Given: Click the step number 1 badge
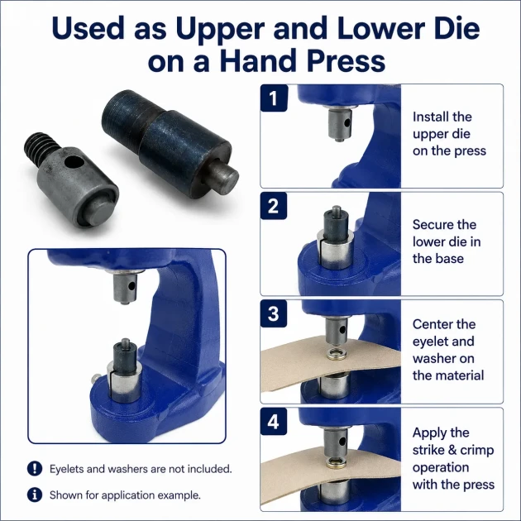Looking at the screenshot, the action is pyautogui.click(x=274, y=98).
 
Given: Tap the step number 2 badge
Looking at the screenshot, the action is pyautogui.click(x=274, y=206).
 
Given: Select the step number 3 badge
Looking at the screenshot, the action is pyautogui.click(x=274, y=313).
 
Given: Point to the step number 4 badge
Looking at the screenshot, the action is pyautogui.click(x=274, y=422).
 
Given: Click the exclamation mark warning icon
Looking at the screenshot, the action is pyautogui.click(x=35, y=469).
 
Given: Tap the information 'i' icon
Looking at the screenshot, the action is pyautogui.click(x=35, y=495).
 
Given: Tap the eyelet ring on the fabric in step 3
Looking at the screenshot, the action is pyautogui.click(x=337, y=355).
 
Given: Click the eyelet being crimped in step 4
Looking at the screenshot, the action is pyautogui.click(x=337, y=462).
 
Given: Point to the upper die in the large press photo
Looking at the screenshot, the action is pyautogui.click(x=124, y=287).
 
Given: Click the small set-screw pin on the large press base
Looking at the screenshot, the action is pyautogui.click(x=95, y=378).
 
